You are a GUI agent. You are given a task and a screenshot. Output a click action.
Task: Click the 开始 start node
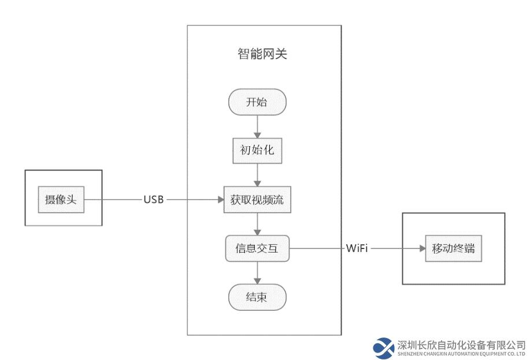[257, 102]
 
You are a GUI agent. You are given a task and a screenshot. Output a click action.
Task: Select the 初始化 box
[257, 150]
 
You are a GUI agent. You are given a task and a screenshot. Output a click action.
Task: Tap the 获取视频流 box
[257, 199]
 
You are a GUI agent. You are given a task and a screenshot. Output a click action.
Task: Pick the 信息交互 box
[257, 248]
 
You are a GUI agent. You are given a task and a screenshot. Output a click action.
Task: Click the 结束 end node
[257, 297]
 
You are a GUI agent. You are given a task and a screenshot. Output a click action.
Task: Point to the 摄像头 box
[61, 199]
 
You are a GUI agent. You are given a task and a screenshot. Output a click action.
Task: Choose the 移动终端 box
[453, 248]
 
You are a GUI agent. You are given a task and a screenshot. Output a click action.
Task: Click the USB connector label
[154, 199]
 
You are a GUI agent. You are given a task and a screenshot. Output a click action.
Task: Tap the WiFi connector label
[357, 248]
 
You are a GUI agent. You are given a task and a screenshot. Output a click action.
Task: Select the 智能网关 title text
[262, 54]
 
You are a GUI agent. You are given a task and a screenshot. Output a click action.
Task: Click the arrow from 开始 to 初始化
[257, 127]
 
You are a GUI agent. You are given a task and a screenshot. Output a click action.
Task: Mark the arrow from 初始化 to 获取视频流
[257, 175]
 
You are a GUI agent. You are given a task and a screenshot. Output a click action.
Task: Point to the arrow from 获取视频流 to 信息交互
[257, 224]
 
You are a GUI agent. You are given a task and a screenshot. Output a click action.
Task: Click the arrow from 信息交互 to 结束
[257, 273]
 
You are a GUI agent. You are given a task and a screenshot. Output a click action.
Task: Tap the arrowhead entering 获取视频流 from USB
[221, 199]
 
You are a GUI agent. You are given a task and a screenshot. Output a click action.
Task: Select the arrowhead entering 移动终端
[422, 248]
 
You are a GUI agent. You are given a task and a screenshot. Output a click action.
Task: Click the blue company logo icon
[384, 348]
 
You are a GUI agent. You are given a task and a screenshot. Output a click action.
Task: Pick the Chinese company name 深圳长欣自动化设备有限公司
[461, 345]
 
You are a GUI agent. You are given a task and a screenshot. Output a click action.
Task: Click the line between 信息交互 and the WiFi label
[317, 248]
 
